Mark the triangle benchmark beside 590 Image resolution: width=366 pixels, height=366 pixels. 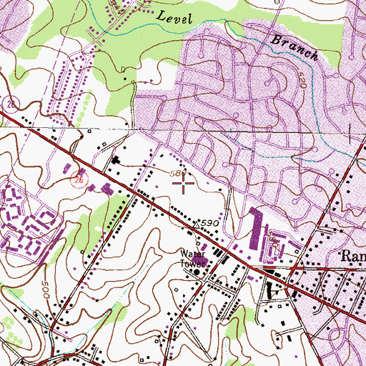(196, 226)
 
